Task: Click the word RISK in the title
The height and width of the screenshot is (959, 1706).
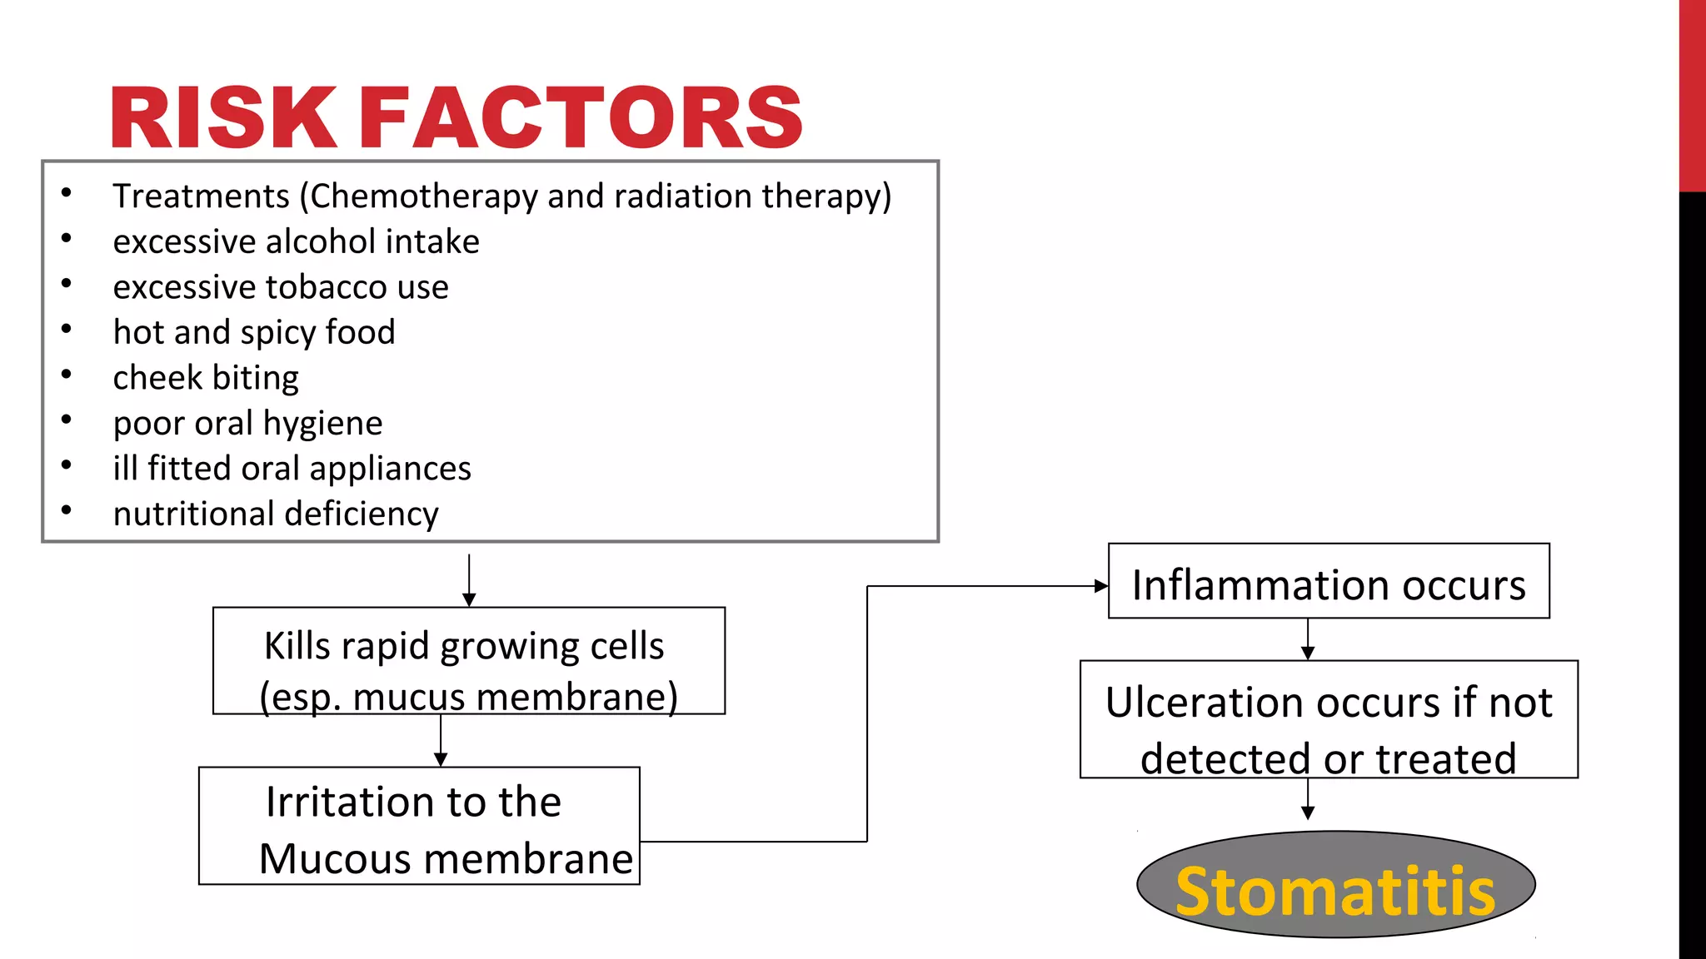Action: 223,117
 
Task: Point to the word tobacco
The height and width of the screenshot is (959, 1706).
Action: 327,287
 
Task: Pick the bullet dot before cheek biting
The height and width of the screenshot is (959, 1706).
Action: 67,375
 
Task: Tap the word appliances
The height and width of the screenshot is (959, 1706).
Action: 390,469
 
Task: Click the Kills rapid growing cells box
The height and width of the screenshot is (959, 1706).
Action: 468,660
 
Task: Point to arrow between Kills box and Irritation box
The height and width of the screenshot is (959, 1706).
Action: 441,741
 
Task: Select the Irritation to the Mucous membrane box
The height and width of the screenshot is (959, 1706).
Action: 419,826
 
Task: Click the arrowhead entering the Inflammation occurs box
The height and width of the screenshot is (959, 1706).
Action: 1100,586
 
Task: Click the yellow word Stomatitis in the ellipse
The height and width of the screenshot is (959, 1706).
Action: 1335,891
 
